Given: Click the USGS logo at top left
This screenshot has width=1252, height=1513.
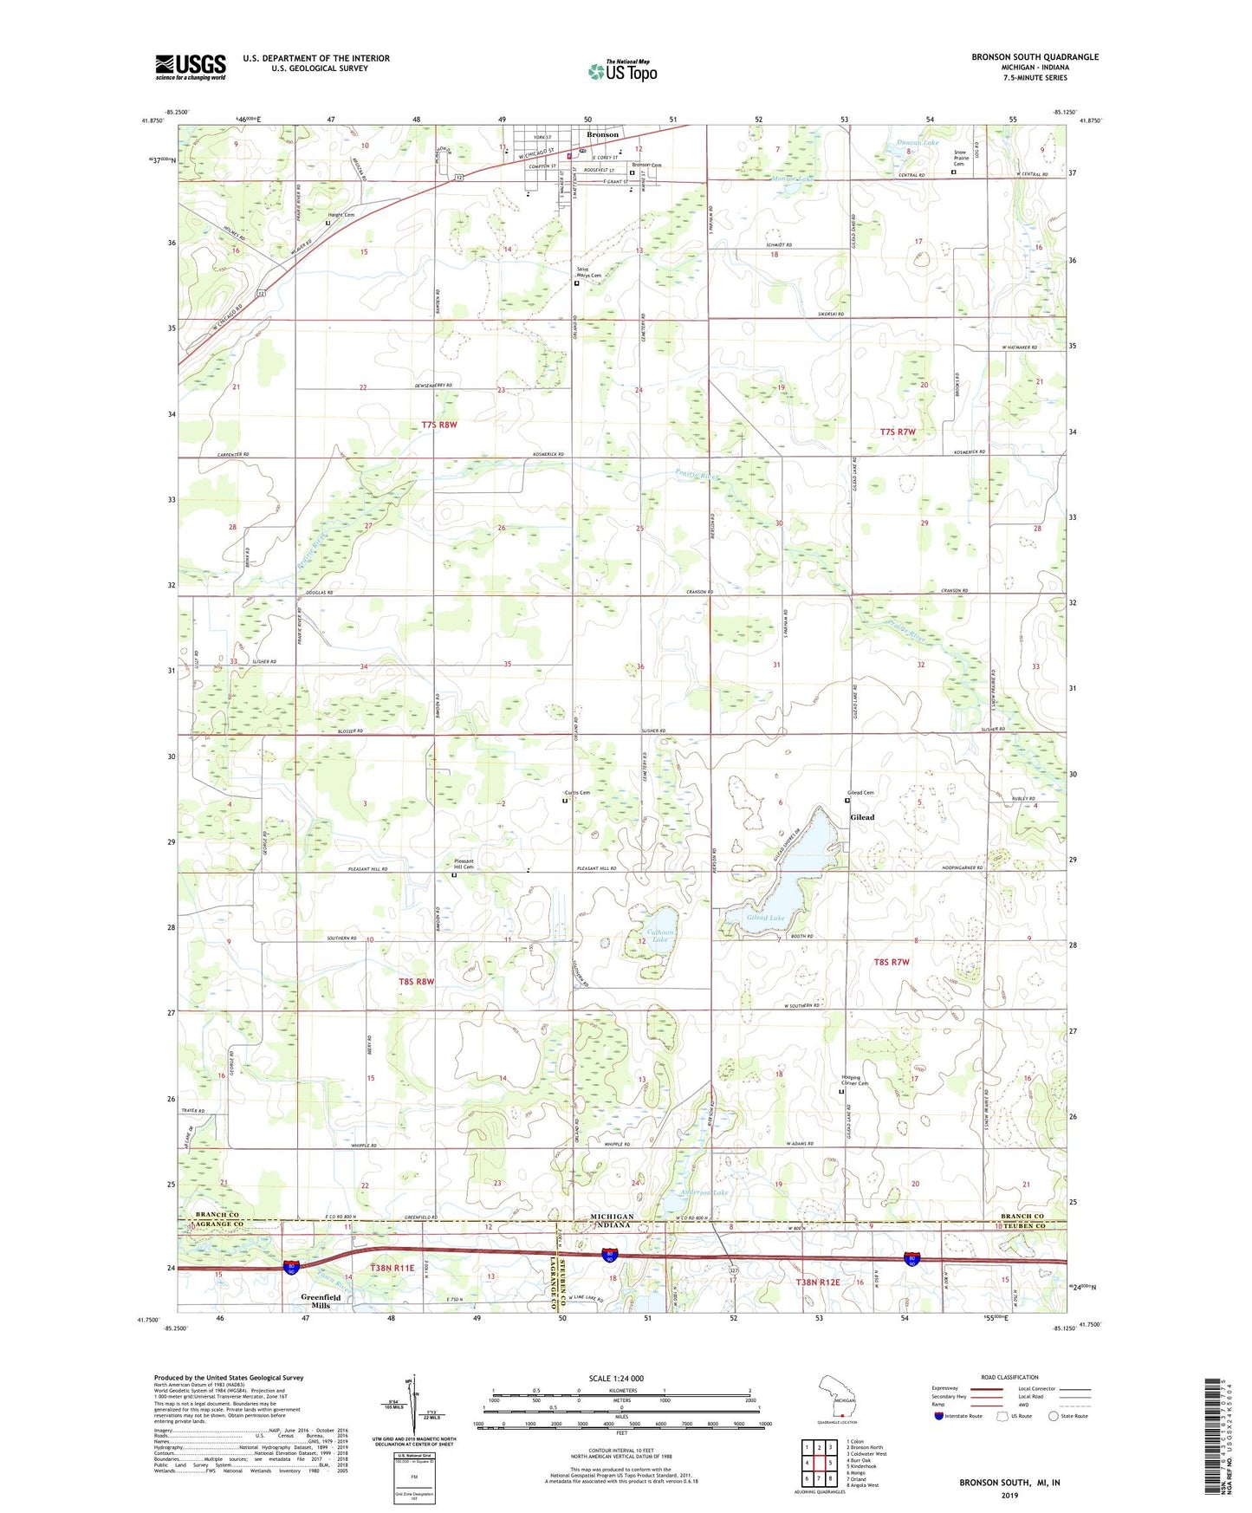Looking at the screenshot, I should tap(191, 67).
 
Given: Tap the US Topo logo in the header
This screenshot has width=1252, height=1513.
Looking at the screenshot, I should tap(622, 71).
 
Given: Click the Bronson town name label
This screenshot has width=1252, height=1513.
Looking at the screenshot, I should tap(602, 134).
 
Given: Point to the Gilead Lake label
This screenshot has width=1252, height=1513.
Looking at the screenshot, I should tap(765, 918).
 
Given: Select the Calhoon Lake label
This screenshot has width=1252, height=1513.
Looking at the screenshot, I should tap(660, 936).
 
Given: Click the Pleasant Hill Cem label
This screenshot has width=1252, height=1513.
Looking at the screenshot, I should tap(464, 864).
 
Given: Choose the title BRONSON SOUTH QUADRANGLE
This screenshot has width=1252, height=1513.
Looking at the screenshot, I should tap(1035, 57).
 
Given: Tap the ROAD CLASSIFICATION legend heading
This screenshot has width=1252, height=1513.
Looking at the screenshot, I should tap(1009, 1377).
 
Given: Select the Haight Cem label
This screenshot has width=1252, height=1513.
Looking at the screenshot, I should tap(341, 215).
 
